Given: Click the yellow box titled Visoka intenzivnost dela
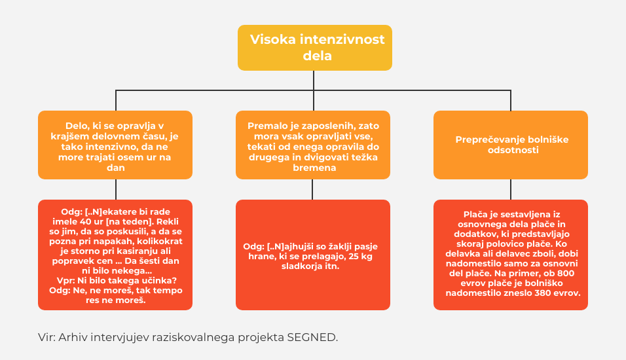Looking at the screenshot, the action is point(314,48).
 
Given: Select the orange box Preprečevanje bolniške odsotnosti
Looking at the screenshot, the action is point(511,145).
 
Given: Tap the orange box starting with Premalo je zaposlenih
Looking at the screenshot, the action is point(313,145).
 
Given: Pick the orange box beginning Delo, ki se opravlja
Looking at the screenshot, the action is point(115,145).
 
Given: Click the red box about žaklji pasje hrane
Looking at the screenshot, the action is point(313,255).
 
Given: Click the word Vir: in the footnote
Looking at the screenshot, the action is point(46,337).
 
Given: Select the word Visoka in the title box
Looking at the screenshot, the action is point(272,39).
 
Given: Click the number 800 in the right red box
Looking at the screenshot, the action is point(566,274).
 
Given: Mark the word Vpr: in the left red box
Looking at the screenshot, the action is point(65,281).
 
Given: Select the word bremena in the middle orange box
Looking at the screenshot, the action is point(314,168).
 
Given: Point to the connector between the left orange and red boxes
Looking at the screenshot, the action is point(116,190).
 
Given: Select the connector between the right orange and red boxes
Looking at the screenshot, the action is point(511,190).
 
